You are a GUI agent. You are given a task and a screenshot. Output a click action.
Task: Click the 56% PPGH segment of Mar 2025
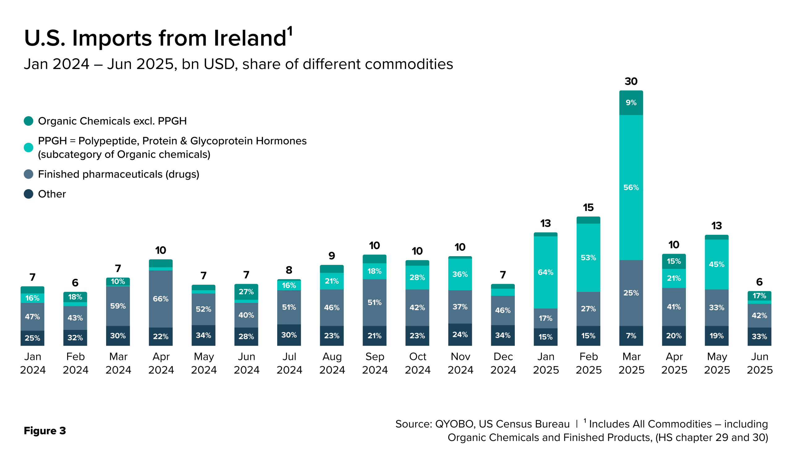point(631,187)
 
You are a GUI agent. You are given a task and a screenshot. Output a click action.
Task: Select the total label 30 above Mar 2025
point(631,81)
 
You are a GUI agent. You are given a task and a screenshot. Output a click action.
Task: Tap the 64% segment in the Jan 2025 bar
point(545,272)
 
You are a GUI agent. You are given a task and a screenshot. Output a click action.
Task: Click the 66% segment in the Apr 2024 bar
point(161,299)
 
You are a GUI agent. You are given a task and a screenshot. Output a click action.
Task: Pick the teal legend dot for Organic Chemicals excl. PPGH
point(28,121)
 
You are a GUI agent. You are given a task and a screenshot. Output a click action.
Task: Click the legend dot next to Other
point(28,194)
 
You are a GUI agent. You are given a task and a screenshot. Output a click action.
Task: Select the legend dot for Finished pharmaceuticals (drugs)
point(28,174)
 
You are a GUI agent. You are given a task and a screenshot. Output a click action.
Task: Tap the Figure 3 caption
point(45,431)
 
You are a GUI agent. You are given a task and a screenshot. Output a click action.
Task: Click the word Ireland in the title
point(250,38)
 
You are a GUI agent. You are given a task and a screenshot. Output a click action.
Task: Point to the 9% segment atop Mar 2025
point(631,103)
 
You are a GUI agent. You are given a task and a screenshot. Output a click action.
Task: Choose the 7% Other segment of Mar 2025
point(631,336)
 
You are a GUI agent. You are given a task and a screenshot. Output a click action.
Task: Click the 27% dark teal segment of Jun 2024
point(246,292)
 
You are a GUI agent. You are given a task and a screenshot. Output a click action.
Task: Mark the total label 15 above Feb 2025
point(588,208)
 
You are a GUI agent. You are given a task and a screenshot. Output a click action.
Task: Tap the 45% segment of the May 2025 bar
point(716,264)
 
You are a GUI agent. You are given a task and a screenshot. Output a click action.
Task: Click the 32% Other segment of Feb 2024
point(75,338)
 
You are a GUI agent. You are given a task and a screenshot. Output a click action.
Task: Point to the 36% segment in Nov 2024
point(460,274)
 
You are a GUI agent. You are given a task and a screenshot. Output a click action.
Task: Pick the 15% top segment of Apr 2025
point(674,261)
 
